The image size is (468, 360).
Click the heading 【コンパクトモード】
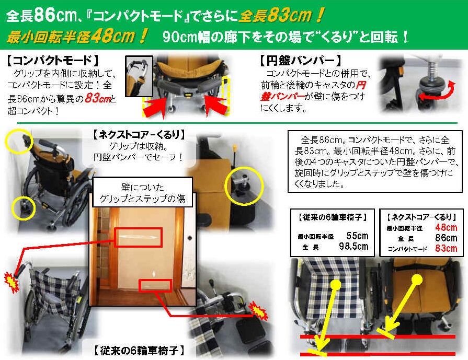click(52, 61)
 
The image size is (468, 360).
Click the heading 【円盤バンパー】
click(300, 61)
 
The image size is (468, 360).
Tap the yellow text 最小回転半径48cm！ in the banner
click(77, 37)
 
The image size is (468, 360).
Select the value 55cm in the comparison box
click(357, 236)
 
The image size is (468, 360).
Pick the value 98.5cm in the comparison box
click(353, 247)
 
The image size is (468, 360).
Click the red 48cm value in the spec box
click(446, 227)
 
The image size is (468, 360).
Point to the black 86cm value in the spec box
click(446, 238)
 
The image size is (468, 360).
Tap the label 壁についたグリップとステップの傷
click(142, 193)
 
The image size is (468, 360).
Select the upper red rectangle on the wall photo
click(138, 238)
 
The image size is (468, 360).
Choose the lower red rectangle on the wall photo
click(155, 286)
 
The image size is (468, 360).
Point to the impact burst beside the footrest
click(258, 310)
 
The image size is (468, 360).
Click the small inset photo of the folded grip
click(139, 76)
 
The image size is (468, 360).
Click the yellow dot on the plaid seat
click(336, 284)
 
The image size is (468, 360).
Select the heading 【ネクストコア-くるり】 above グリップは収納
click(139, 135)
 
